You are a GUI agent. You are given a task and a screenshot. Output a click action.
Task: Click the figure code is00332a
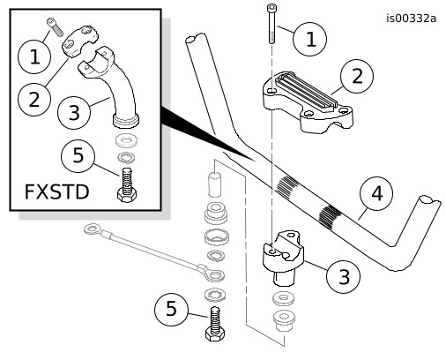411,19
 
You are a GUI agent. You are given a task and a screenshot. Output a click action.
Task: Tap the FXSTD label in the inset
56,192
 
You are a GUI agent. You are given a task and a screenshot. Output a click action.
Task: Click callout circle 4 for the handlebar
376,193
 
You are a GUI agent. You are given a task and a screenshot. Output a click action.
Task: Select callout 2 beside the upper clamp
357,76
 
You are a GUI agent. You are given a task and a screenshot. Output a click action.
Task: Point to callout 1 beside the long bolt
310,39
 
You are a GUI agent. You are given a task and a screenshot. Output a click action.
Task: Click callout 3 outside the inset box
344,276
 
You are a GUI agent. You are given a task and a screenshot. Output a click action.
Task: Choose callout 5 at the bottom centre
171,309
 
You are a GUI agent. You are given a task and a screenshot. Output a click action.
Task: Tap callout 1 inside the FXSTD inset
34,56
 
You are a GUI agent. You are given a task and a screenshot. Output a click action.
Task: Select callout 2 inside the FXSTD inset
34,100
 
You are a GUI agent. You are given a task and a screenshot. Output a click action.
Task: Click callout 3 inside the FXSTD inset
74,112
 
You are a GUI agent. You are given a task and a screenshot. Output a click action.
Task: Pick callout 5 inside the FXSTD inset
78,156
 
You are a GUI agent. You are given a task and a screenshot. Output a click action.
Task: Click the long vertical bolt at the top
271,24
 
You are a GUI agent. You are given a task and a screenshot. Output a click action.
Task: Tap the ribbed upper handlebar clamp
308,101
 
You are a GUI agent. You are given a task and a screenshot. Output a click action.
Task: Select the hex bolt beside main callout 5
215,324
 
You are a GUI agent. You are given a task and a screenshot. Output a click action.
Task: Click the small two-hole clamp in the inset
79,41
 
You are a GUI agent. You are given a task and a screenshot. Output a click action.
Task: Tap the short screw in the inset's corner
55,27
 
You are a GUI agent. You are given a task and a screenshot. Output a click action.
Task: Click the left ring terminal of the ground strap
92,229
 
